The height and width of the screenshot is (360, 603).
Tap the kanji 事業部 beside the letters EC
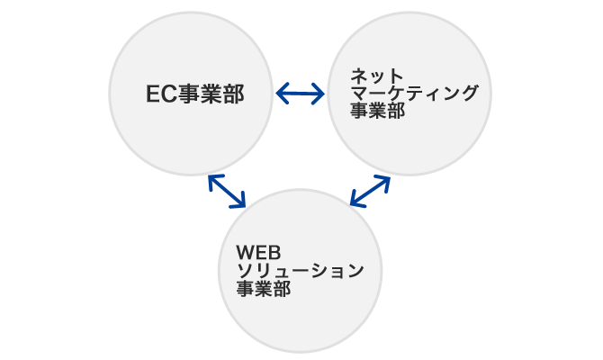click(x=211, y=94)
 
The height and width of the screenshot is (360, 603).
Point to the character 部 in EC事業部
click(x=234, y=94)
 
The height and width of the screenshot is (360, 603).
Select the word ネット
click(x=377, y=76)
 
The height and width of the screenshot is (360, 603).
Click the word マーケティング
click(x=415, y=93)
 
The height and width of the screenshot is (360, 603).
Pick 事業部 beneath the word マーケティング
click(x=378, y=111)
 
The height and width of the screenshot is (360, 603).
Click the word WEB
click(x=258, y=253)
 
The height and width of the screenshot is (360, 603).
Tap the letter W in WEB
click(x=246, y=253)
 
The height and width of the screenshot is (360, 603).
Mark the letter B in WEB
click(x=275, y=253)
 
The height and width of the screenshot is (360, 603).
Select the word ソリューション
click(x=301, y=271)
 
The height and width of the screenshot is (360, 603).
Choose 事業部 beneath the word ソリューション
click(x=264, y=289)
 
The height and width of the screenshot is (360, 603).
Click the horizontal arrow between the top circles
click(x=301, y=94)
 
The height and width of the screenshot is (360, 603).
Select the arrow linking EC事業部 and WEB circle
click(x=227, y=191)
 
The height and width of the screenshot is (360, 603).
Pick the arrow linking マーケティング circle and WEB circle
click(x=370, y=191)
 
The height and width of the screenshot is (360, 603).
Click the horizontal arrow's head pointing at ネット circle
click(x=319, y=94)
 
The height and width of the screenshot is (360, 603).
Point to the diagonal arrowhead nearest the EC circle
click(x=214, y=180)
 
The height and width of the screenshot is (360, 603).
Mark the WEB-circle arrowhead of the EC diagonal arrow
click(x=239, y=202)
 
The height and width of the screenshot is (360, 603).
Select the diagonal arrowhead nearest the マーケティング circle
click(x=383, y=180)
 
